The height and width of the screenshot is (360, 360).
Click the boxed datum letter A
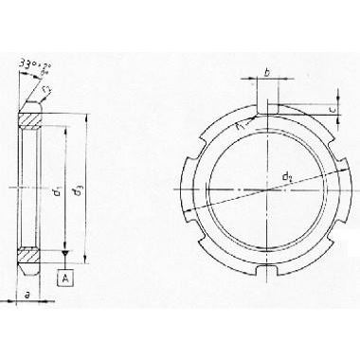[x=64, y=278]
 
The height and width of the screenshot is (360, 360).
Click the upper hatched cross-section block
[x=33, y=117]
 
